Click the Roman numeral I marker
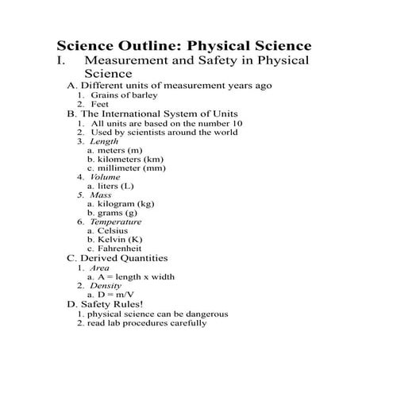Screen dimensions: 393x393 click(x=60, y=61)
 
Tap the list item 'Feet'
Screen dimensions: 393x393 click(x=99, y=104)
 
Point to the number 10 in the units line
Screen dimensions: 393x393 click(x=236, y=123)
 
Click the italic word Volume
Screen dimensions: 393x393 click(x=106, y=177)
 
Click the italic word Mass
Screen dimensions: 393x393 click(x=100, y=195)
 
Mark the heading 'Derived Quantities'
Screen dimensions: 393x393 click(x=123, y=258)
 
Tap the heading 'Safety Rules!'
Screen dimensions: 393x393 click(x=111, y=304)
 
